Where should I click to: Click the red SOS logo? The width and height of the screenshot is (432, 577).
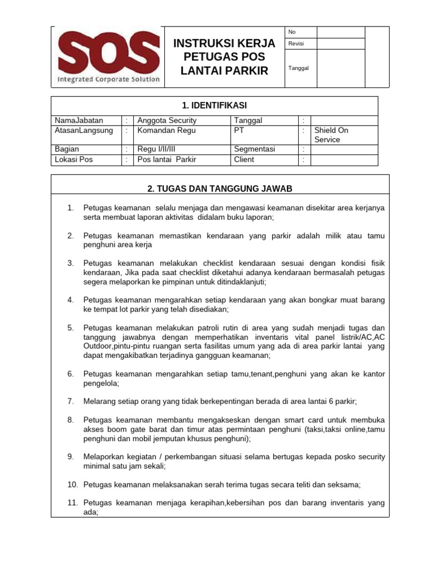click(x=109, y=51)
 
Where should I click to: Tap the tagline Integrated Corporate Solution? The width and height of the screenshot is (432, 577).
click(x=109, y=79)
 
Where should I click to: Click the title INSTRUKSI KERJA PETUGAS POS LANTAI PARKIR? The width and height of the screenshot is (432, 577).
click(x=224, y=57)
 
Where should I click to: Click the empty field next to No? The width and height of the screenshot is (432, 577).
click(x=341, y=32)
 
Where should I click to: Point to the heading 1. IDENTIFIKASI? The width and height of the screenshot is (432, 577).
click(x=214, y=105)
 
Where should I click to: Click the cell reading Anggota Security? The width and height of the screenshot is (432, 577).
click(x=167, y=121)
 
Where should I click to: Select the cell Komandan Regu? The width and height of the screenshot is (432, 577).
click(x=166, y=130)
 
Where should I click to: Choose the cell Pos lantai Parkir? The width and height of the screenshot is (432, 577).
click(x=167, y=159)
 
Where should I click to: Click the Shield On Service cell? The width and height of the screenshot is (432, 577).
click(x=331, y=135)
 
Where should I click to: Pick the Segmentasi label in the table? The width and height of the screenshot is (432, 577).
click(x=254, y=149)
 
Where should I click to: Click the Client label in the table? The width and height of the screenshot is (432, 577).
click(x=244, y=159)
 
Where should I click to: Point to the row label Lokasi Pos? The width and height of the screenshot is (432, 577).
click(x=74, y=159)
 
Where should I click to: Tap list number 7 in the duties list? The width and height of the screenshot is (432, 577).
click(x=71, y=401)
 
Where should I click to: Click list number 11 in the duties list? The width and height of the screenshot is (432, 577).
click(x=73, y=502)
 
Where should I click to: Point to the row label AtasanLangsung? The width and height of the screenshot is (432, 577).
click(x=84, y=130)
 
